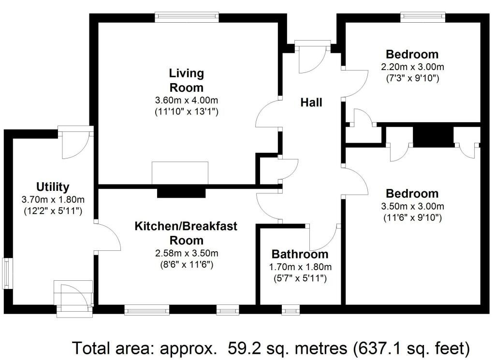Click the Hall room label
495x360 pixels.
point(311,102)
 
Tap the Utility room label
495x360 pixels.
point(53,187)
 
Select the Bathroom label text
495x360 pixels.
point(300,254)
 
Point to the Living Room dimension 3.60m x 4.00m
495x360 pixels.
point(186,101)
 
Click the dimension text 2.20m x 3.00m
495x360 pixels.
point(413,67)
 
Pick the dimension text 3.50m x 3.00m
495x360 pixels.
point(413,206)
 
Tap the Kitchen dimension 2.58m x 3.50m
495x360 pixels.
point(187,253)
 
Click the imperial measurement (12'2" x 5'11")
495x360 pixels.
point(53,211)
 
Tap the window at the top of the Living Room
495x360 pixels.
point(187,17)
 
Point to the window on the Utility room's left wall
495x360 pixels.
point(7,273)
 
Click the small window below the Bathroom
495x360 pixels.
point(291,310)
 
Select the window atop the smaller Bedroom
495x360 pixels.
point(423,17)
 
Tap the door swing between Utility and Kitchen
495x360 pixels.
point(107,237)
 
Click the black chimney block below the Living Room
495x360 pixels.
point(181,192)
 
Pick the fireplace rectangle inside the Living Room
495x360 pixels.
point(180,173)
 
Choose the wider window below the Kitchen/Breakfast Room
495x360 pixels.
point(147,310)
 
